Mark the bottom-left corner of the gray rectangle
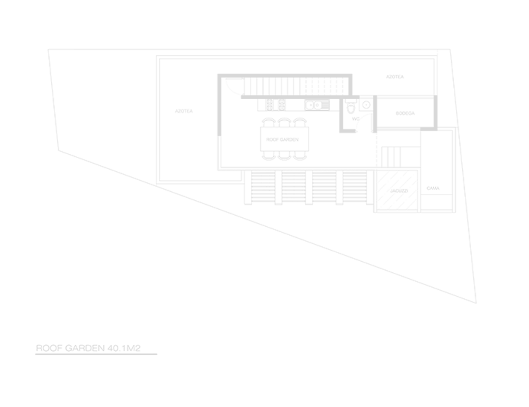coord(36,355)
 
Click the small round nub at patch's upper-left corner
coord(378,172)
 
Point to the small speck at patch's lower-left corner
coord(379,208)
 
